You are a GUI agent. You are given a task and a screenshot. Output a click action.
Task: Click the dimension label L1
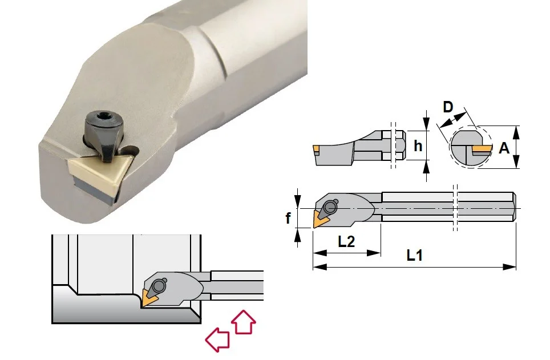[x=415, y=256]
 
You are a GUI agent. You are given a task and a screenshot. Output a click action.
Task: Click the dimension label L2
[x=346, y=241]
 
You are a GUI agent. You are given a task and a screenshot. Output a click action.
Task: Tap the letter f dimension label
[x=288, y=219]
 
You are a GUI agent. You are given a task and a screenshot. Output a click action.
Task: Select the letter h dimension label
[x=418, y=145]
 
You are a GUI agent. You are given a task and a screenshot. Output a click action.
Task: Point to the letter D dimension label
[x=448, y=107]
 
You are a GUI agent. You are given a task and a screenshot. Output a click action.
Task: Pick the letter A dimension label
[x=504, y=148]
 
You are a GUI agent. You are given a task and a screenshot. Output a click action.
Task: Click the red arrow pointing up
[x=244, y=321]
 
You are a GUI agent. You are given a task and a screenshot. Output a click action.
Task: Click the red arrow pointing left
[x=217, y=339]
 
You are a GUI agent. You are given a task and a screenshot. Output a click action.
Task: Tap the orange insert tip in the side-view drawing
[x=316, y=149]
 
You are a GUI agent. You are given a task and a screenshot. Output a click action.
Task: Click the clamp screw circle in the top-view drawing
[x=330, y=207]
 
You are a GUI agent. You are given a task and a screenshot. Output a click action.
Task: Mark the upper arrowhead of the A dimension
[x=516, y=132]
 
